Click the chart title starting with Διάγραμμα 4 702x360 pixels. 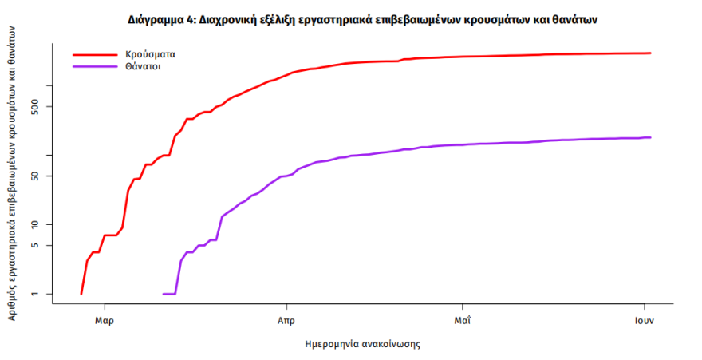[x=362, y=18]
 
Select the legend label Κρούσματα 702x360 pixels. [x=150, y=55]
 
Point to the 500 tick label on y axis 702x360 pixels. [x=45, y=106]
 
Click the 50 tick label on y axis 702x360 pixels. [x=45, y=176]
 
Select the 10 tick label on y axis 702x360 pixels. [x=45, y=224]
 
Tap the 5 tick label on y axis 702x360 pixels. [x=45, y=245]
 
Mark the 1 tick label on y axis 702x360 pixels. [x=45, y=294]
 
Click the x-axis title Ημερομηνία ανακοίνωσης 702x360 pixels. [x=362, y=345]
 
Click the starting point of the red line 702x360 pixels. [x=81, y=294]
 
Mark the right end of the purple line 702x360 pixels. [x=651, y=137]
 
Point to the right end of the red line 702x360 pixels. [x=651, y=53]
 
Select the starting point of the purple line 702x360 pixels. [x=164, y=294]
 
